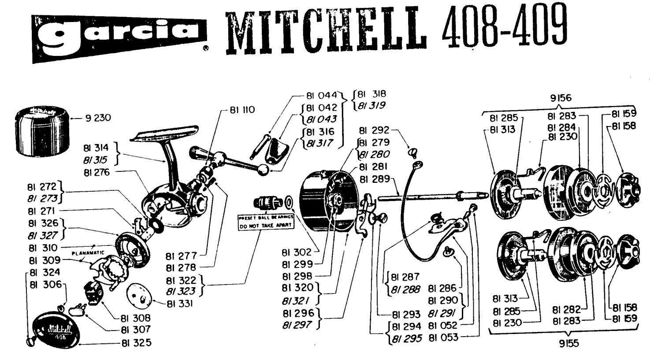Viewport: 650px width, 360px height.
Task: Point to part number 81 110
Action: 242,110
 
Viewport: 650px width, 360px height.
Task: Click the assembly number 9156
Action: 561,98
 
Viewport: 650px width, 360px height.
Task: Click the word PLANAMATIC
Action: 88,253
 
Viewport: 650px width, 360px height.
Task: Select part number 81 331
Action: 180,304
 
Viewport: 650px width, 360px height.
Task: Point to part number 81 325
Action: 136,342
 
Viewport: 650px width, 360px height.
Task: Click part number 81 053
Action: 443,338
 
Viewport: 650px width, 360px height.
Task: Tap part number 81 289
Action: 375,179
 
